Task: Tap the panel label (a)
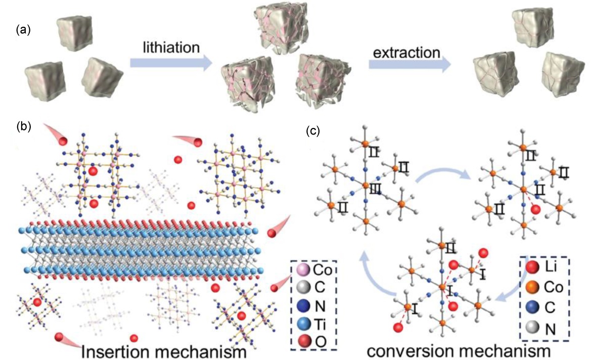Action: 23,29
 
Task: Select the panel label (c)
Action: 314,131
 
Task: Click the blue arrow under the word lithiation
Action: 170,63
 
